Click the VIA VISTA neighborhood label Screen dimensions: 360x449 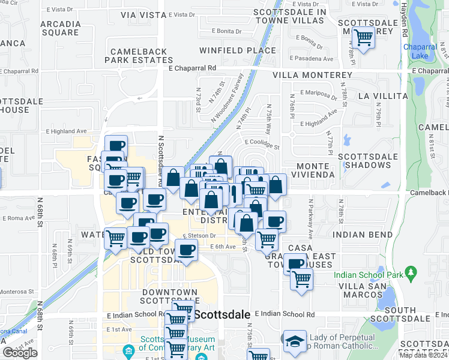click(143, 15)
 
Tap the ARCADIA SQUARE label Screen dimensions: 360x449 click(61, 29)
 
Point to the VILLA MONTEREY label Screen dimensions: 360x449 click(312, 75)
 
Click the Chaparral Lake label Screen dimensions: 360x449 click(421, 51)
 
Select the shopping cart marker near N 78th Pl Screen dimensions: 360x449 click(363, 37)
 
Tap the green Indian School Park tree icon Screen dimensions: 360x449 click(411, 273)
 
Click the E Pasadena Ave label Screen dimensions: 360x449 click(312, 59)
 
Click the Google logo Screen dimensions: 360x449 click(20, 353)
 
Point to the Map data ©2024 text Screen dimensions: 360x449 click(423, 355)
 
